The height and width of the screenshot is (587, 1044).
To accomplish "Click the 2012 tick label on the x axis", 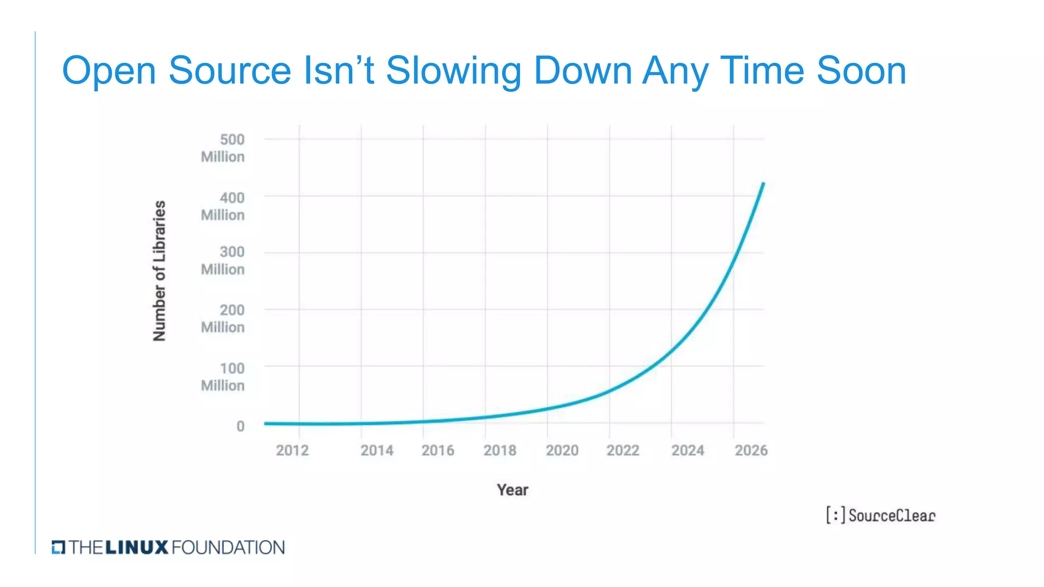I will coord(292,450).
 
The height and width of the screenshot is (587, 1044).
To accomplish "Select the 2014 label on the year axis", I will coord(377,450).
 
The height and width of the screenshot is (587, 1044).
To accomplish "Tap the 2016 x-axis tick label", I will coord(437,450).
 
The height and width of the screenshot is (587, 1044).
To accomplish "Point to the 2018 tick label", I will coord(500,450).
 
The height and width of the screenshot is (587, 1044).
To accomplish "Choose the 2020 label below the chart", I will coord(562,450).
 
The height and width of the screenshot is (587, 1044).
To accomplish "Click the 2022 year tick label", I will coord(622,450).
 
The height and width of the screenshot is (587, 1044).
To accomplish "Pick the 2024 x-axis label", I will coord(687,450).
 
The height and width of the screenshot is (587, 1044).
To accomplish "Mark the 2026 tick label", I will coord(751,450).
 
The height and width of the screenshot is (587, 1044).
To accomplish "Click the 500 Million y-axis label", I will coord(223,148).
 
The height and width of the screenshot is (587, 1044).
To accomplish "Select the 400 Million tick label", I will coord(223,206).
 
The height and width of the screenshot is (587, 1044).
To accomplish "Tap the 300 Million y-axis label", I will coord(223,260).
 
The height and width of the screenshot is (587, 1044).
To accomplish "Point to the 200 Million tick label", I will coord(223,318).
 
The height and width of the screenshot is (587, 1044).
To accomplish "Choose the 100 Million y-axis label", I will coord(223,377).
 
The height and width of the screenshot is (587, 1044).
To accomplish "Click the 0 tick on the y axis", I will coord(240,426).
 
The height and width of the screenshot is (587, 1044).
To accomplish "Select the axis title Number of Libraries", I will coord(160,271).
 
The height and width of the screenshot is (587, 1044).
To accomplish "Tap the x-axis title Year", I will coord(512,490).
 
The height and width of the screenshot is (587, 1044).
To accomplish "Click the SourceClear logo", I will coord(880,515).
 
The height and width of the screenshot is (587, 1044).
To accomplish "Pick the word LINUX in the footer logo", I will coord(137,548).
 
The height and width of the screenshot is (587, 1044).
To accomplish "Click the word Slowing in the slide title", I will coord(453,70).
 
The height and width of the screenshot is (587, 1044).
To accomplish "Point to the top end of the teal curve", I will coord(763,183).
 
